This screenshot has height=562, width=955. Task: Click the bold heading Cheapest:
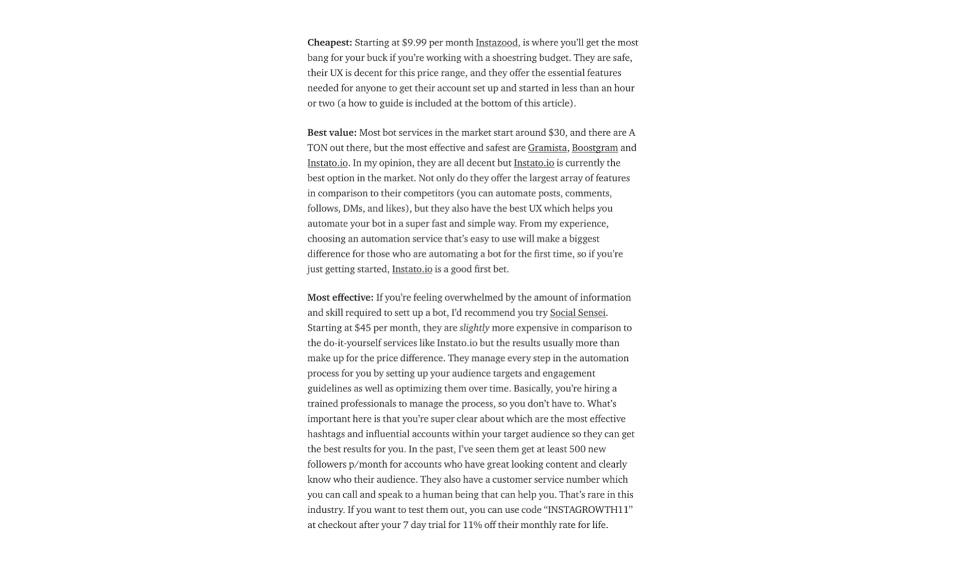coord(329,42)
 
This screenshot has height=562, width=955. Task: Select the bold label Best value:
coord(332,132)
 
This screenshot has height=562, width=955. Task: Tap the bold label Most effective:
coord(340,297)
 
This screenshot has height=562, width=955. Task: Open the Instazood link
coord(497,42)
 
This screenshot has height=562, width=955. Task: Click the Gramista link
coord(547,147)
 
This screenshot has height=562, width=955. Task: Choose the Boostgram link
coord(594,147)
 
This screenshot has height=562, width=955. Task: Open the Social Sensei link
coord(577,312)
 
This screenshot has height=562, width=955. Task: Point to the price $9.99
coord(414,42)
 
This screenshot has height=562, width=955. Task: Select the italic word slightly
coord(475,328)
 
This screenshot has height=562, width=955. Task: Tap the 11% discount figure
coord(473,525)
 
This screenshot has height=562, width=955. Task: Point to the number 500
coord(578,449)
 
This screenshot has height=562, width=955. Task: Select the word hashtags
coord(326,434)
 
